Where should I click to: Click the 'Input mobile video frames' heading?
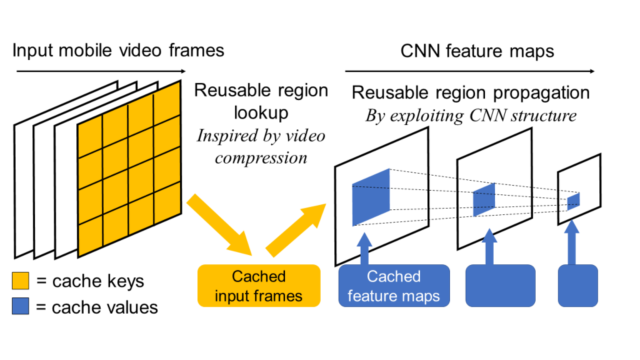[x=118, y=49]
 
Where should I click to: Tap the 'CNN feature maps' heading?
[x=477, y=51]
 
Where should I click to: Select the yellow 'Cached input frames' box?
[x=259, y=286]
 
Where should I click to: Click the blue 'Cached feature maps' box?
[x=394, y=286]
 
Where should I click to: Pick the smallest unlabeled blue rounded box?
[x=578, y=286]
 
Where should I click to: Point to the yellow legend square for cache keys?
[x=21, y=281]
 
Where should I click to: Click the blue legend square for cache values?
[x=21, y=307]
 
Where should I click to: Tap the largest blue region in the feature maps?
[x=371, y=196]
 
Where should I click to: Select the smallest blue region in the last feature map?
[x=573, y=201]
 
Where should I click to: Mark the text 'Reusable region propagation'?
[x=471, y=93]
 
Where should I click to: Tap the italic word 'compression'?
[x=261, y=157]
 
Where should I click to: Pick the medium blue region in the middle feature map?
[x=484, y=200]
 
